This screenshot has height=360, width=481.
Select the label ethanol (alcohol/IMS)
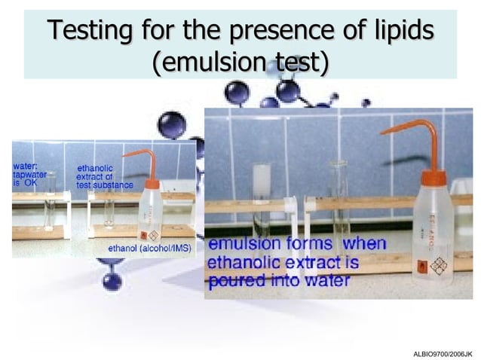point(150,247)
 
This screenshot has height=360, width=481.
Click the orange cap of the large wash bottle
point(434,178)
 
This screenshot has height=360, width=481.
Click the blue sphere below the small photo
point(112,281)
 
